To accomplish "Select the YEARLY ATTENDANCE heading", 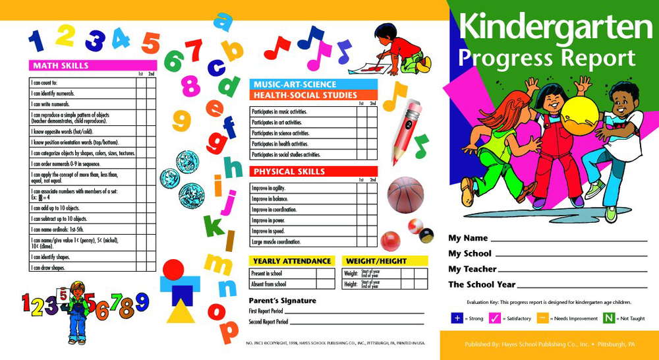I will tap(291, 261).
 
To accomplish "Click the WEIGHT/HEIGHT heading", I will tap(376, 261).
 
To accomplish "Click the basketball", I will tap(405, 195).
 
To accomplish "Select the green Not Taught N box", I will tap(610, 318).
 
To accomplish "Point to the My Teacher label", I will tap(472, 269).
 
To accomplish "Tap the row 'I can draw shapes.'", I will tap(49, 268).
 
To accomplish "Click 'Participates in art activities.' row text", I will tap(277, 123).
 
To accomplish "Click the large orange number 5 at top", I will tap(151, 43).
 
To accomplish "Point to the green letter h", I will tap(233, 167).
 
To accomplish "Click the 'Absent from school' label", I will tap(269, 284).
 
